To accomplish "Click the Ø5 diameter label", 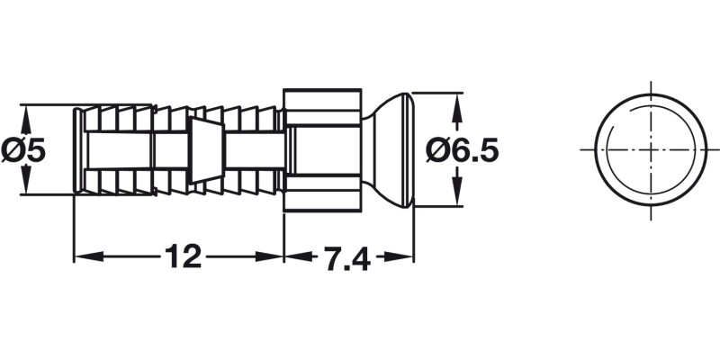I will tap(23, 149).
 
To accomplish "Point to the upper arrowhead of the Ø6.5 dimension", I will tap(458, 102).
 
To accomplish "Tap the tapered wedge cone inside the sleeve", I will tap(203, 149).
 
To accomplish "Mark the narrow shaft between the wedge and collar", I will tap(252, 149).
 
